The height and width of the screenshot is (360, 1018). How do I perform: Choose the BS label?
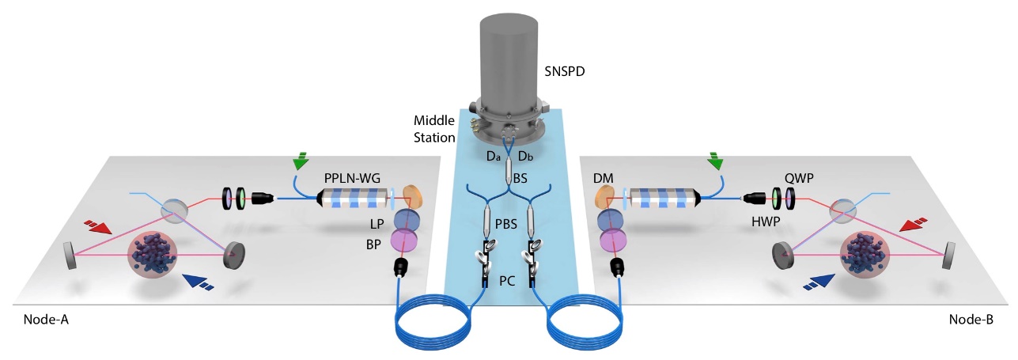(520, 179)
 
